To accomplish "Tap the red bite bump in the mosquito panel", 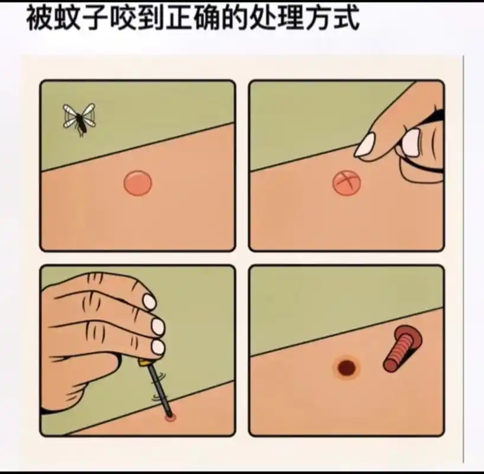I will click(x=138, y=183).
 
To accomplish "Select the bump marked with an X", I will click(x=346, y=183).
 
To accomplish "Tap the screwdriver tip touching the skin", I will click(x=171, y=417).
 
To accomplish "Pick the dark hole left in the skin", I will click(x=346, y=368).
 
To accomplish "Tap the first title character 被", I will click(x=38, y=19).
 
